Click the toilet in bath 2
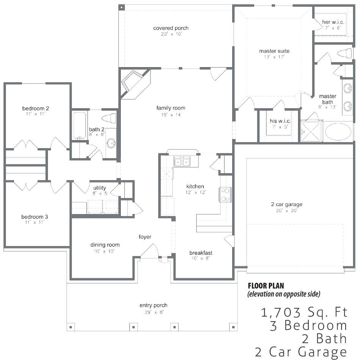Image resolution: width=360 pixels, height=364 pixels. pos(109,118)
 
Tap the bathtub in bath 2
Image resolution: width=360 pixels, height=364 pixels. pos(80,126)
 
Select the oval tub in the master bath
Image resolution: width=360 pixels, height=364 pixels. pos(338,132)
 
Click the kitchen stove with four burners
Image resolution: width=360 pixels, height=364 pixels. pos(225,195)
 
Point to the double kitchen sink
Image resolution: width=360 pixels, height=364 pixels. pos(182,162)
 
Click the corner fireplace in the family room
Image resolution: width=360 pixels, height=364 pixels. pos(135,83)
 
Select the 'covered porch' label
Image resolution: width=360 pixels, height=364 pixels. pos(171,28)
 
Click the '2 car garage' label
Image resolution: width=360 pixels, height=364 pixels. pos(287,204)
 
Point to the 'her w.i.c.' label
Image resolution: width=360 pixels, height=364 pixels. pos(333,22)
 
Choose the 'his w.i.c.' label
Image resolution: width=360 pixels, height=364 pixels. pos(280,121)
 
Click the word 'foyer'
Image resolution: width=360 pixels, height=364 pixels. pos(145,237)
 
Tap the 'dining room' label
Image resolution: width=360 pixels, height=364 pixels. pos(105,245)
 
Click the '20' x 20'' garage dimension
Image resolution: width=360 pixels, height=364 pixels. pos(287,211)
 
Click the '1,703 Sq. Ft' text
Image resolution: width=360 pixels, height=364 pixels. pos(304,312)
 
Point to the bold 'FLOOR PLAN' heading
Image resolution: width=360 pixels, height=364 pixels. pos(266,286)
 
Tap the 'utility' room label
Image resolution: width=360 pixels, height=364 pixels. pos(100,188)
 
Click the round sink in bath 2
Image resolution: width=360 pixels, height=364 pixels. pos(111,143)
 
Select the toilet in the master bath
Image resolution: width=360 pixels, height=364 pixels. pos(345,53)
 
